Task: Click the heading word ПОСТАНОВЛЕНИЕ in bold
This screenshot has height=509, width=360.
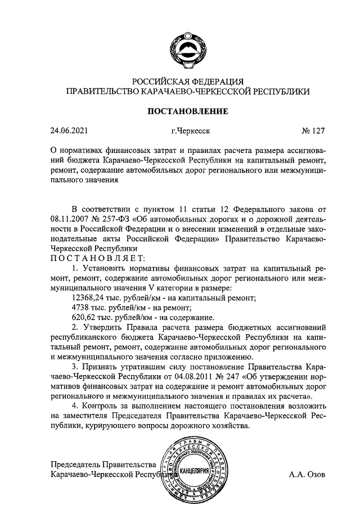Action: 187,111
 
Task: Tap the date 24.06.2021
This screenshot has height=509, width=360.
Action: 69,132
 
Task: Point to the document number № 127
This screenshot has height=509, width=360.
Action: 313,132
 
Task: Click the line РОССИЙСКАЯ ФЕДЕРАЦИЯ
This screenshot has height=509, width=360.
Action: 187,81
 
